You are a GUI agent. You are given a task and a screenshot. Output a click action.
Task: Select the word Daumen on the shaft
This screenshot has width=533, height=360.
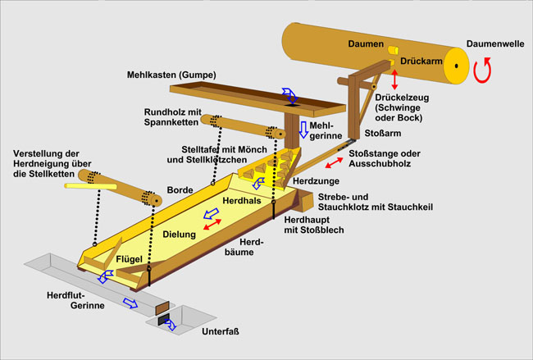click(x=365, y=43)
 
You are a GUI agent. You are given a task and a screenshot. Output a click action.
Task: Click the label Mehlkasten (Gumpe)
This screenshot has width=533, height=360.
click(x=171, y=75)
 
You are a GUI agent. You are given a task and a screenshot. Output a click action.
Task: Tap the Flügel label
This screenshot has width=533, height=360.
click(x=130, y=259)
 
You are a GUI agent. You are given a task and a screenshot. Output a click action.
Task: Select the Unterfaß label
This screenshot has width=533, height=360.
click(x=221, y=332)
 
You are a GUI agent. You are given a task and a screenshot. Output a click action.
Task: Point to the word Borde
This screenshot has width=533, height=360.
click(x=180, y=189)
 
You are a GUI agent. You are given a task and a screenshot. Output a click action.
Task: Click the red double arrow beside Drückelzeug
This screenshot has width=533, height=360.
click(x=394, y=80)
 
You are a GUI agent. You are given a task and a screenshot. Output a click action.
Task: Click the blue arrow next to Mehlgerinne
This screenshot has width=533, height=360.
click(x=303, y=129)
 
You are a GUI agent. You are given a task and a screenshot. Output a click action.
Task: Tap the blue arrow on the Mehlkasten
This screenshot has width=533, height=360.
click(x=289, y=94)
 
